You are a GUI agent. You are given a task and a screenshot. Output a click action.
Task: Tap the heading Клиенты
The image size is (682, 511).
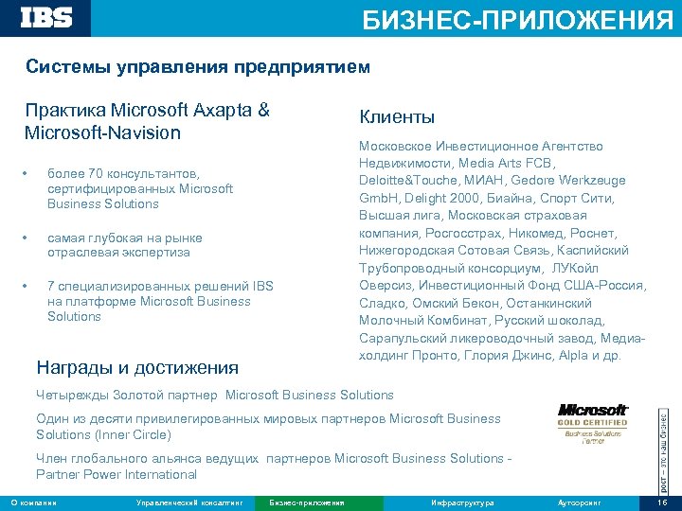tap(397, 117)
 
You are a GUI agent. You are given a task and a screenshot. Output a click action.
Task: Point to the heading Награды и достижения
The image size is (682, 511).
tap(136, 367)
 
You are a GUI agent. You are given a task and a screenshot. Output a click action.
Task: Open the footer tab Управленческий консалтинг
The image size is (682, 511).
tap(189, 502)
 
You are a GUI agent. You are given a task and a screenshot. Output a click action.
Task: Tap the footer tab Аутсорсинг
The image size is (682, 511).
tap(581, 502)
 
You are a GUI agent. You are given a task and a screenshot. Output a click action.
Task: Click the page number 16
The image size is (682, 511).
tap(662, 502)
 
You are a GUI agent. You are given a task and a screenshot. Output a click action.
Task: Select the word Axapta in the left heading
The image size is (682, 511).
tap(222, 110)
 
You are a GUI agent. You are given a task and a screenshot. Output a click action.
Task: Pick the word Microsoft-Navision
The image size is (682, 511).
tap(103, 132)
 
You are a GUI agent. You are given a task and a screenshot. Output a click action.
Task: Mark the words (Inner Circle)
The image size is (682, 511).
tap(134, 434)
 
